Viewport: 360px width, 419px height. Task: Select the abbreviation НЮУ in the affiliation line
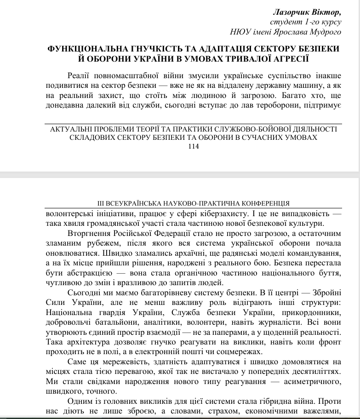[x=240, y=32]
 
